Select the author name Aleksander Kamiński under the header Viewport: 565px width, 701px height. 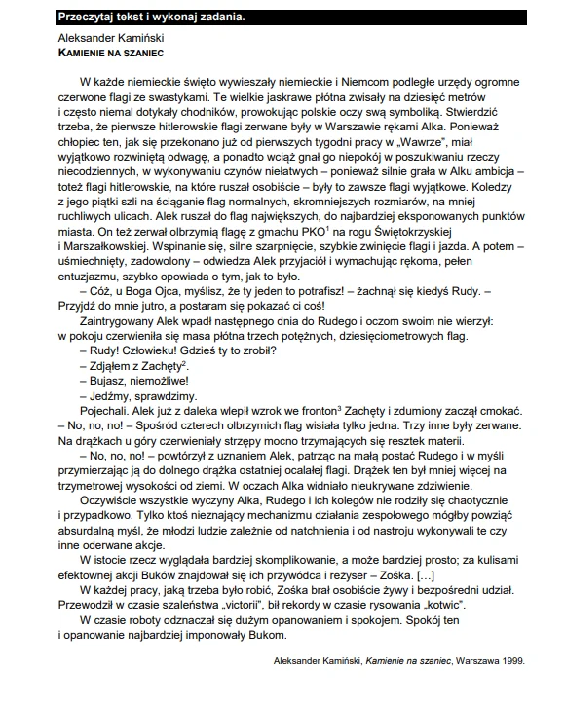[110, 34]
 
